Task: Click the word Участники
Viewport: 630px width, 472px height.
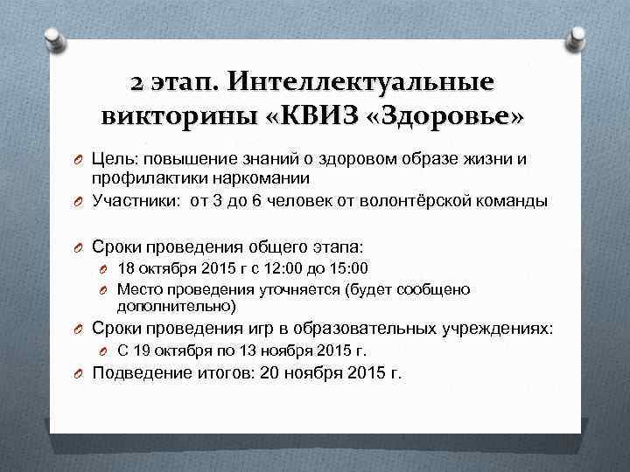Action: (x=136, y=200)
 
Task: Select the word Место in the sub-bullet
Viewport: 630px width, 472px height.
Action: (x=137, y=289)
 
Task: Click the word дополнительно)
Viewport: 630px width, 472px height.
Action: (x=176, y=307)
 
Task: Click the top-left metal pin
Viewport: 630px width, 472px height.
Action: (x=52, y=37)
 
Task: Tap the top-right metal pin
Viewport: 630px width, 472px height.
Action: (x=577, y=37)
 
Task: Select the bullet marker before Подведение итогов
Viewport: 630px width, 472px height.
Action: (x=80, y=374)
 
